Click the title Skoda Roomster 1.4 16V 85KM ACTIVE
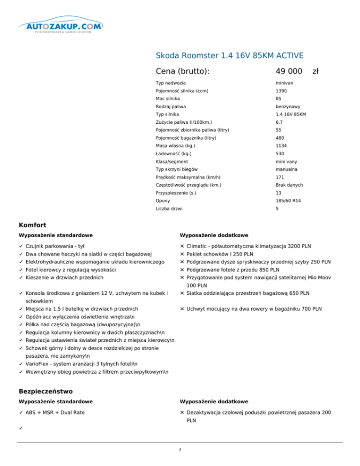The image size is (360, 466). coord(230,55)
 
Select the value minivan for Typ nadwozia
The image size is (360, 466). coord(285,83)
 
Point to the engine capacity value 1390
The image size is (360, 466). coord(281,90)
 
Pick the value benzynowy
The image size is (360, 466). coord(288,106)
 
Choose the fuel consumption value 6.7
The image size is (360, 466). coord(279,122)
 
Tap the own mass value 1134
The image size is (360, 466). coord(281,146)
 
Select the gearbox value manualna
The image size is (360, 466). coord(287,169)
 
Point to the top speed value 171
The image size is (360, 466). coord(280,177)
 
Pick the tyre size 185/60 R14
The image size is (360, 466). coord(288,200)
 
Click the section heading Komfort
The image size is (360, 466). coord(33,225)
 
